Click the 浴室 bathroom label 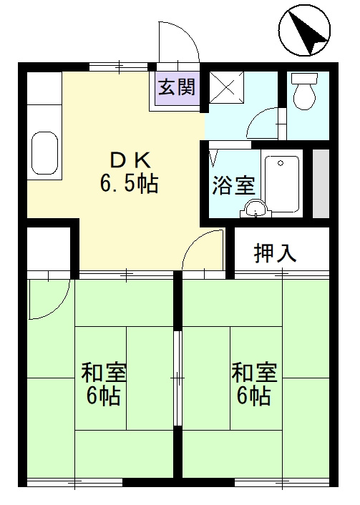pos(233,186)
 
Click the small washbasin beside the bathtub pos(255,208)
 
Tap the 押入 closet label pos(276,252)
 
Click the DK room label pos(128,158)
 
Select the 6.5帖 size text pos(129,184)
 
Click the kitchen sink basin pos(44,153)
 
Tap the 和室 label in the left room pos(104,372)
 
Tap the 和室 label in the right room pos(253,372)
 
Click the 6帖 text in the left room pos(104,396)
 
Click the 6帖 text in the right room pos(253,396)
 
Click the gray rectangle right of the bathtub pos(321,183)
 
